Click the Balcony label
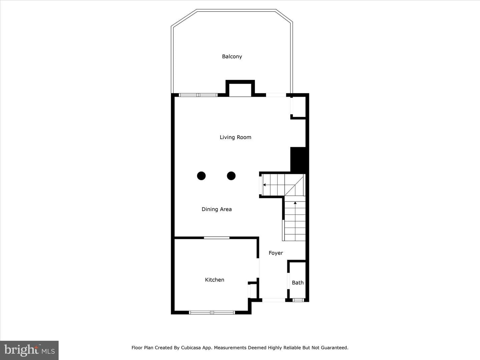coord(232,57)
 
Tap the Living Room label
coord(235,137)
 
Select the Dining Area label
coord(216,209)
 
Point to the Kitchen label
coord(215,280)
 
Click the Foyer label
coord(276,253)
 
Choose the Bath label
coord(298,283)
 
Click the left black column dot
coord(201,176)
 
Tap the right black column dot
coord(231,176)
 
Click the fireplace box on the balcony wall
coord(240,89)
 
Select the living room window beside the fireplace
coord(198,95)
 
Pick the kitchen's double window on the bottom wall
coord(212,313)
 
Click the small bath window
coord(298,300)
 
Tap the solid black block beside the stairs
coord(298,160)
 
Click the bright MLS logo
coord(29,350)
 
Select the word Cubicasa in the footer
coord(191,348)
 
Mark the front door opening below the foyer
coord(274,300)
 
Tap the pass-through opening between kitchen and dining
coord(217,238)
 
